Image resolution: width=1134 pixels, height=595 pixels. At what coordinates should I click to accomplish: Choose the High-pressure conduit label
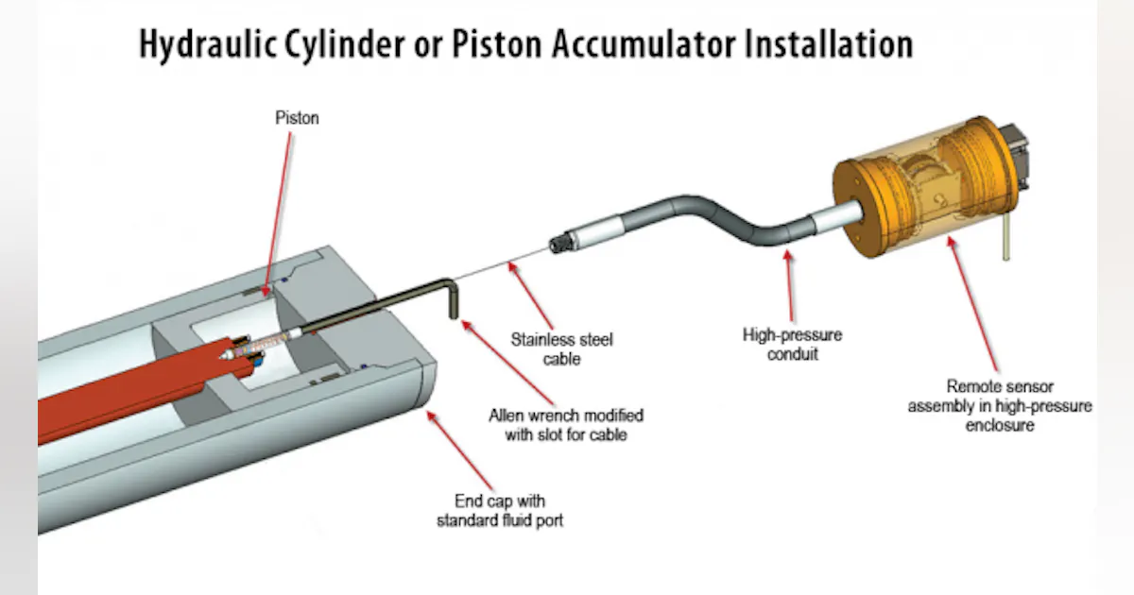coord(791,345)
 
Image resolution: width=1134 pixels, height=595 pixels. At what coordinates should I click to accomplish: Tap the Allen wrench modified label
coord(565,425)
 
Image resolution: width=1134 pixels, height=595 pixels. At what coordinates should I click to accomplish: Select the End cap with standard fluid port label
coord(499,510)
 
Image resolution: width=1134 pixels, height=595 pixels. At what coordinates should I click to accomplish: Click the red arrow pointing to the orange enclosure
coord(973,302)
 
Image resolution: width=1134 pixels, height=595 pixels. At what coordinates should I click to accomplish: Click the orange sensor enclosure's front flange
coord(860,213)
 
